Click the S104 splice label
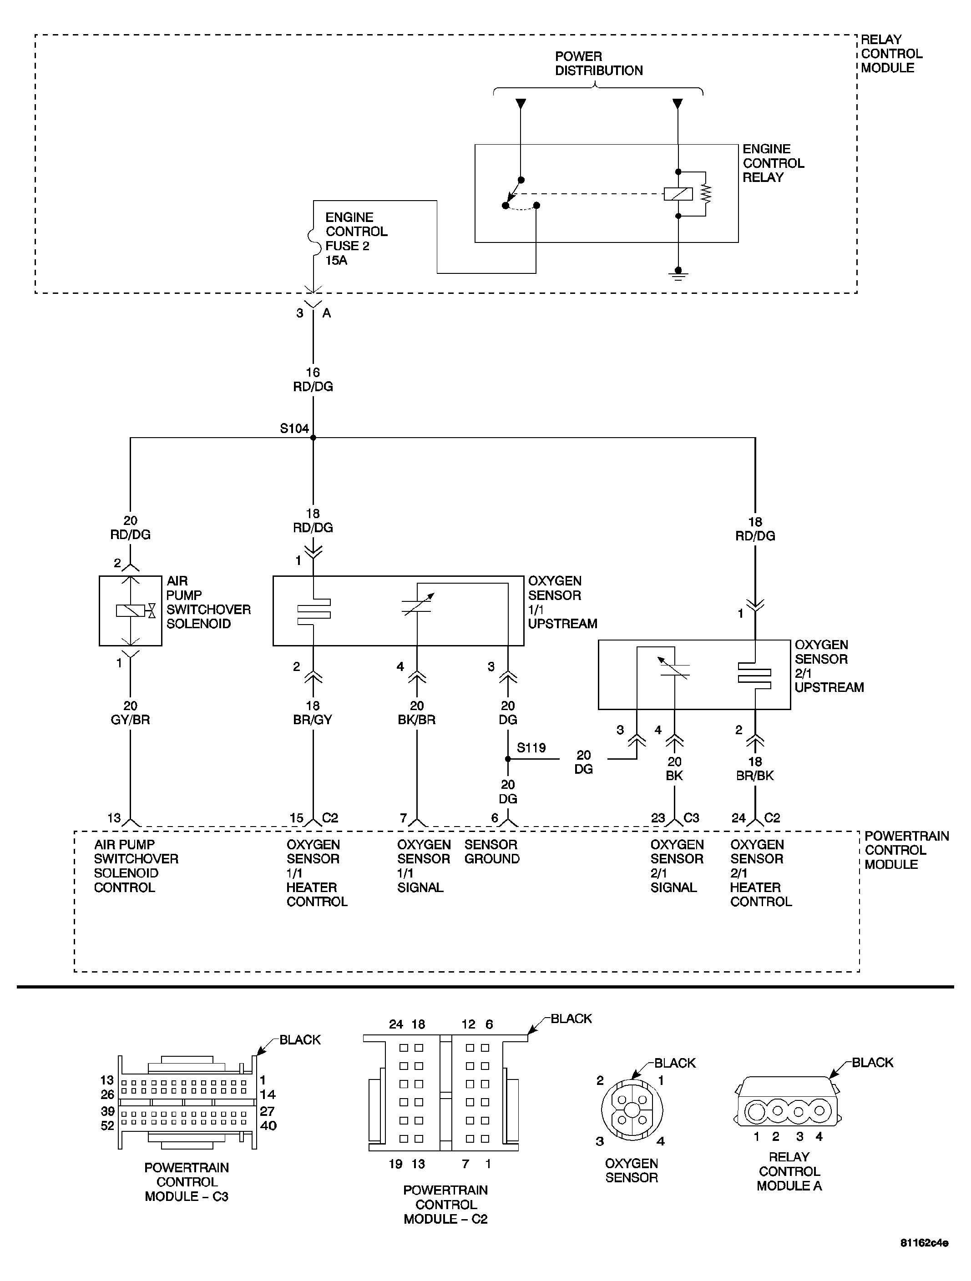294,429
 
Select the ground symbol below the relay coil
678,274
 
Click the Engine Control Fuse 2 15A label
356,238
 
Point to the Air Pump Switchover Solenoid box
130,610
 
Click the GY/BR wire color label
130,720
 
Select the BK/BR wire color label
416,720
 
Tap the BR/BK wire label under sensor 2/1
754,776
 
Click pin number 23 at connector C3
657,818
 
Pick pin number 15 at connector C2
296,818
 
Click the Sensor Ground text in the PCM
491,852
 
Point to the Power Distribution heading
598,64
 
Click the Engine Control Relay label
773,163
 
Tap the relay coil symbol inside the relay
678,194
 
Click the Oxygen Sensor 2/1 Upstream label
829,666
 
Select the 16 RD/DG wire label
313,380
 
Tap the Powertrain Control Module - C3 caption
187,1182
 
